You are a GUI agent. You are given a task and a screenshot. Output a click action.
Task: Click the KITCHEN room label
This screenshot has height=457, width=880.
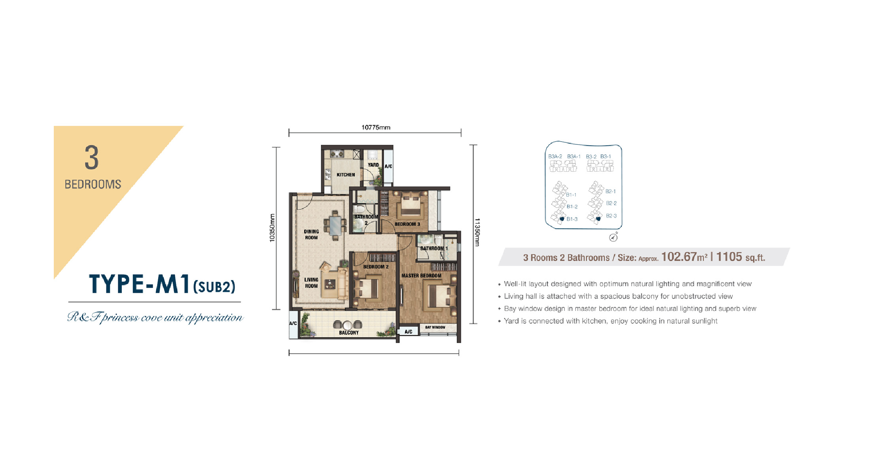click(x=346, y=174)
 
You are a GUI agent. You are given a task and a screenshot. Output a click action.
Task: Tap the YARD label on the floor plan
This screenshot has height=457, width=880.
click(x=373, y=165)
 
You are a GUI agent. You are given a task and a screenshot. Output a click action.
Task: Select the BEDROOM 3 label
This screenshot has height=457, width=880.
click(x=407, y=224)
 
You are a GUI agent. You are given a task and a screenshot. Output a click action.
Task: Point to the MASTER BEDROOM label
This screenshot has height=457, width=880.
click(x=421, y=275)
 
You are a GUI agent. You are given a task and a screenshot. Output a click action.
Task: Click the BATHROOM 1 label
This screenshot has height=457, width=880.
click(x=434, y=248)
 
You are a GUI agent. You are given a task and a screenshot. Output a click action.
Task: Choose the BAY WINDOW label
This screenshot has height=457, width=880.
click(x=435, y=327)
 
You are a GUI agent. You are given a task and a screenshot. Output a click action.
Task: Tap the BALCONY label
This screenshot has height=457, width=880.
click(x=349, y=333)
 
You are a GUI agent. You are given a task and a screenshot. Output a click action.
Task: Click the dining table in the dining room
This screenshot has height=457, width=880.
click(x=335, y=226)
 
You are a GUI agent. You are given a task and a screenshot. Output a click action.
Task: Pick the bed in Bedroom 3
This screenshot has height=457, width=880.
click(x=411, y=203)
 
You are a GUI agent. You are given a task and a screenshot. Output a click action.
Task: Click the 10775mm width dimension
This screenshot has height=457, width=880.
click(x=376, y=127)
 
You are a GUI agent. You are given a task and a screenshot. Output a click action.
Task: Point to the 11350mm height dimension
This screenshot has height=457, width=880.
click(x=477, y=232)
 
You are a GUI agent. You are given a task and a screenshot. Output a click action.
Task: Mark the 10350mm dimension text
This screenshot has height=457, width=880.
click(x=272, y=228)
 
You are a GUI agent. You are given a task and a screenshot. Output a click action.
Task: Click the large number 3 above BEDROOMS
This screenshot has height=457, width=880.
click(x=92, y=158)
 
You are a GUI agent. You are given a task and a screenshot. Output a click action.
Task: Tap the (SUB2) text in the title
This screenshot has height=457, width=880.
click(x=214, y=286)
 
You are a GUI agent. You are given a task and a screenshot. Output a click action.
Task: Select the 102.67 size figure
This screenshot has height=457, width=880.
click(x=679, y=257)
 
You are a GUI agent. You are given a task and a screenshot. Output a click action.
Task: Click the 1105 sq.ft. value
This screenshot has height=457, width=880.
click(x=741, y=257)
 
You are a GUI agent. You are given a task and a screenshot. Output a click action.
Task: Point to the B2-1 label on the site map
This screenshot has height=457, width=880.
click(x=611, y=192)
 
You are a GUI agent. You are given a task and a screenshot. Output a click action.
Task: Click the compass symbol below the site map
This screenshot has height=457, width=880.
click(x=613, y=237)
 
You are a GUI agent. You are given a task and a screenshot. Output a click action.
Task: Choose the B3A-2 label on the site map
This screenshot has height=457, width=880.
click(x=555, y=157)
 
